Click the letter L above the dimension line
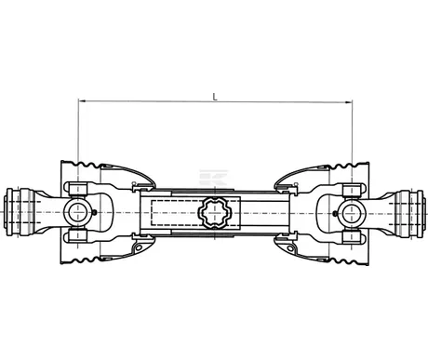click(x=216, y=94)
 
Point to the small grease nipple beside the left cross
click(x=96, y=220)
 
